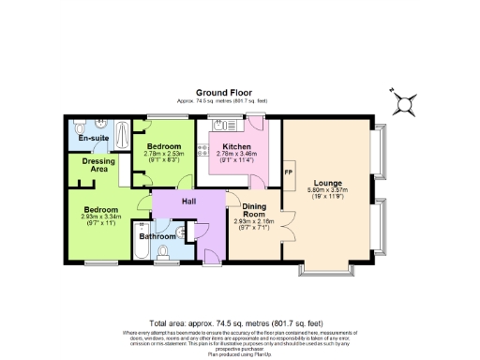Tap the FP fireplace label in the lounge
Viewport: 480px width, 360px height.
click(289, 173)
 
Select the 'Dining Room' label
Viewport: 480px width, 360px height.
click(256, 211)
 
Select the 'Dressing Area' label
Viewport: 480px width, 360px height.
click(98, 165)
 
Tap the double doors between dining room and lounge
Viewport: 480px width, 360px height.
click(283, 230)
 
